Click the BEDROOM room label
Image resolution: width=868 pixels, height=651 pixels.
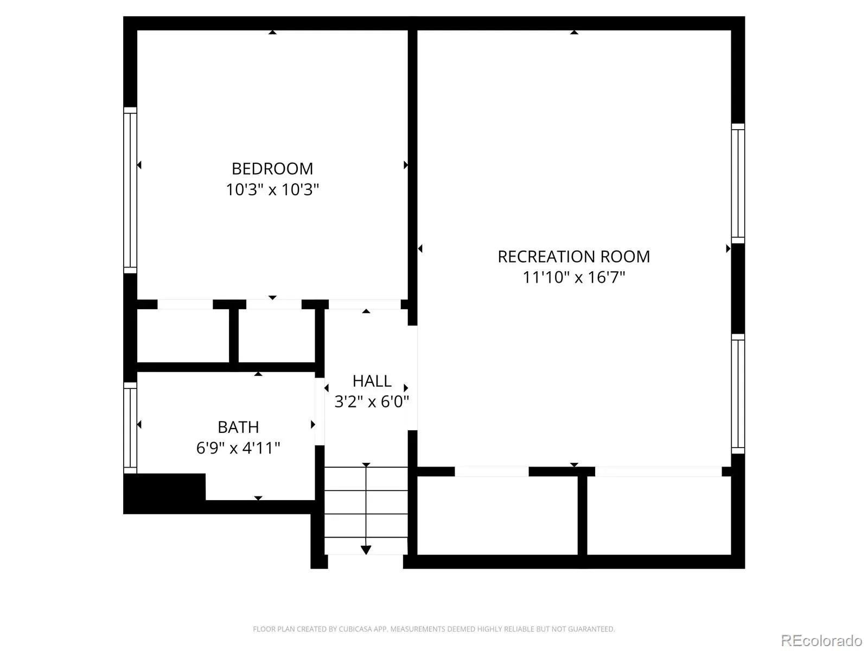(272, 169)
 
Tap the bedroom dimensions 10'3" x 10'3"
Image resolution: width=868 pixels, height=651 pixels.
(272, 190)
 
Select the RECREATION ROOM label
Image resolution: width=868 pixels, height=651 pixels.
(573, 257)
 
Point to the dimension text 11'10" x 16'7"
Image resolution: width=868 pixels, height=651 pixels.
(574, 277)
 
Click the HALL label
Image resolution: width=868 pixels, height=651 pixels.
(372, 381)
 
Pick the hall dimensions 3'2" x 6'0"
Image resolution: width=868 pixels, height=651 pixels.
(372, 402)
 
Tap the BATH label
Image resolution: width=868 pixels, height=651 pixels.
(238, 427)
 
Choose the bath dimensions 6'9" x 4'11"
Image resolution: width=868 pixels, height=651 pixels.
(238, 448)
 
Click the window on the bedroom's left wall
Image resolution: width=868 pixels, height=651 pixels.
(130, 190)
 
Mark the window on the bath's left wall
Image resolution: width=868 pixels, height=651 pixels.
(130, 427)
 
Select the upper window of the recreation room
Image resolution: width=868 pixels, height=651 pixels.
(738, 183)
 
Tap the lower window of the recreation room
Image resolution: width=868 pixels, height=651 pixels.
(738, 394)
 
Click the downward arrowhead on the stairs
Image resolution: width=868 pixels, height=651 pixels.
(366, 550)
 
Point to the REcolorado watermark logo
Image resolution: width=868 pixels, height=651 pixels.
(821, 640)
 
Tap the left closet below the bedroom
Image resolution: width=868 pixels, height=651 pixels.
(183, 336)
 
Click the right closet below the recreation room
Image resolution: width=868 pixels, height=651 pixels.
(659, 515)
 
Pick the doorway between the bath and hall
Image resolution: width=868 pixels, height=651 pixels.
(320, 411)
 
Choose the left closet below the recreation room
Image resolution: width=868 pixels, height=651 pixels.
(497, 515)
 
